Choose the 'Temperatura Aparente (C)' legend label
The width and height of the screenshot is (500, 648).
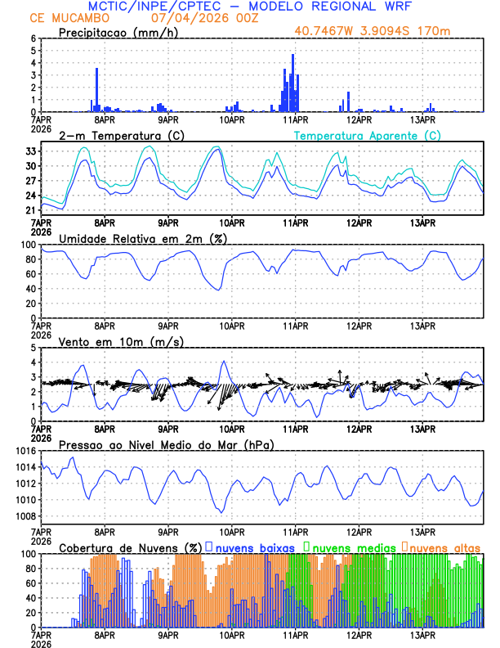pos(368,135)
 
